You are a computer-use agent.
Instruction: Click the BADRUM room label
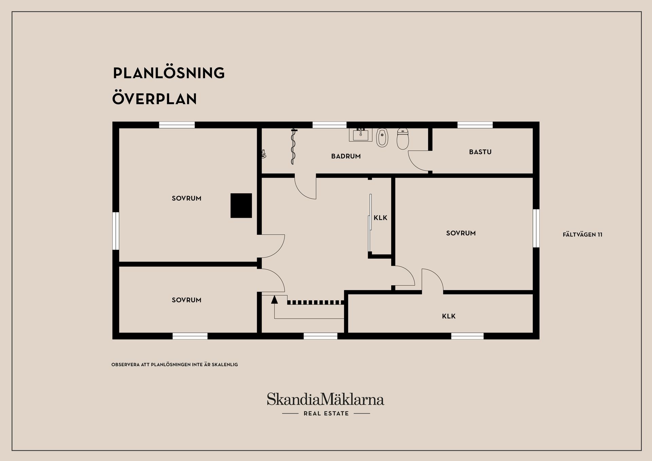[x=346, y=156]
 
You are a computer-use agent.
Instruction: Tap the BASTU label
[x=480, y=152]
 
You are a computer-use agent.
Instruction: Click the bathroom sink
[x=361, y=135]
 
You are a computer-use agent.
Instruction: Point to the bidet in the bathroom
[x=382, y=138]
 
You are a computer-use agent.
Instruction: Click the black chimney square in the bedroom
[x=241, y=206]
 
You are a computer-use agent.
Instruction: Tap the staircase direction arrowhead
[x=274, y=299]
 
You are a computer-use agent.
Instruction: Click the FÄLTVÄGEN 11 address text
[x=582, y=234]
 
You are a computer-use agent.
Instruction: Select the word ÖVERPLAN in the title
[x=155, y=99]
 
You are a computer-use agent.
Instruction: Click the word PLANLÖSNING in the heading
[x=169, y=73]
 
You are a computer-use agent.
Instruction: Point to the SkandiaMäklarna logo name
[x=325, y=399]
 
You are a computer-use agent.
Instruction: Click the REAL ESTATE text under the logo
[x=326, y=413]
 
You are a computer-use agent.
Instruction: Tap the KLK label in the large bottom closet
[x=449, y=316]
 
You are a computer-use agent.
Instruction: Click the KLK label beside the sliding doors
[x=380, y=218]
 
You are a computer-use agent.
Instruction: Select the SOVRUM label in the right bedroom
[x=461, y=233]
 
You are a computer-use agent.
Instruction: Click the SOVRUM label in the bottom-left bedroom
[x=186, y=300]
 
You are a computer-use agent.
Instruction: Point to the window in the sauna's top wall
[x=475, y=125]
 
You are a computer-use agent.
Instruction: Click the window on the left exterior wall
[x=116, y=231]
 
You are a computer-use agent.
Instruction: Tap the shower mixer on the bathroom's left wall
[x=263, y=155]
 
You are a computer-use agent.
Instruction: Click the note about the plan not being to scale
[x=175, y=365]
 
